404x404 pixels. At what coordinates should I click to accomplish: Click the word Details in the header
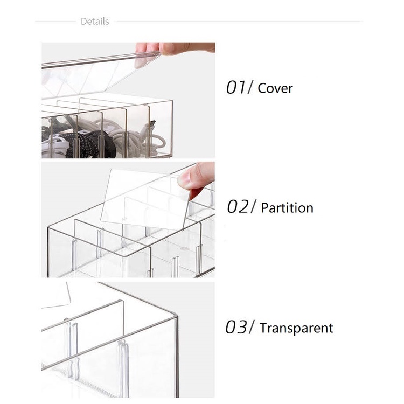coord(95,22)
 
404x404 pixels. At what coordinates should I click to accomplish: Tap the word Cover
coord(275,88)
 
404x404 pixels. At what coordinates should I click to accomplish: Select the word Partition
coord(287,208)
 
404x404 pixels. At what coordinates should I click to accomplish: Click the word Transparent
coord(296,328)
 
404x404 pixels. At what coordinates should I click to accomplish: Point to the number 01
coord(236,87)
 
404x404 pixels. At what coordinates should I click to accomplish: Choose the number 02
coord(238,207)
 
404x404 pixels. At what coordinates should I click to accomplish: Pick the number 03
coord(236,327)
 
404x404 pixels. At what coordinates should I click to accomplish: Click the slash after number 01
coord(250,87)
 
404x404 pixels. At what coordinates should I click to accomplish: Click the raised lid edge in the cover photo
coord(101,60)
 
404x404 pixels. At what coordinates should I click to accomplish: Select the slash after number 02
coord(253,207)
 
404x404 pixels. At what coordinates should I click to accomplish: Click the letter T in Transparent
coord(263,328)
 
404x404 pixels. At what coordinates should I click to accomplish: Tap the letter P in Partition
coord(265,208)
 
